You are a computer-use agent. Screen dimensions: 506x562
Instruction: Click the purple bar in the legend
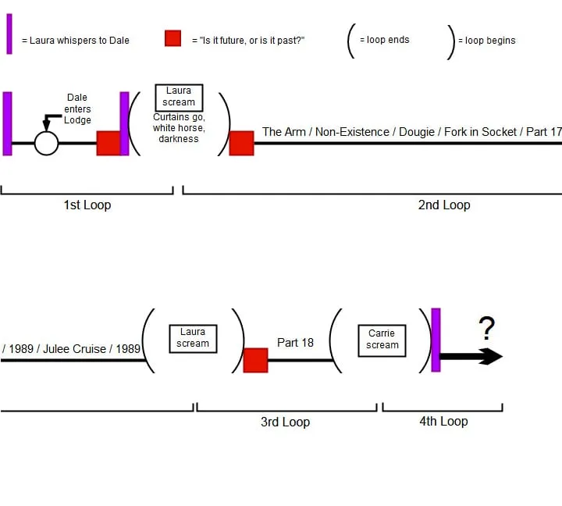[9, 34]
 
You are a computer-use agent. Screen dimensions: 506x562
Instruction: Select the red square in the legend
[173, 38]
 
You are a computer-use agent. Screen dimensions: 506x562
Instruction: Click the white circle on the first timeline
[47, 144]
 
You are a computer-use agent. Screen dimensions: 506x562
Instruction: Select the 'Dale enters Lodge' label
[77, 109]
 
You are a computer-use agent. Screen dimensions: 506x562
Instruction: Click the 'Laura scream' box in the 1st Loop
[179, 97]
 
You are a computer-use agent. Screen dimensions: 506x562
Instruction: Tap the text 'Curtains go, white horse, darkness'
[179, 128]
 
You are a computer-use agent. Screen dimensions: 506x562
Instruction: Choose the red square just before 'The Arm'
[241, 144]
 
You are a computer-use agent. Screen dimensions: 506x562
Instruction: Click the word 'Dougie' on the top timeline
[421, 132]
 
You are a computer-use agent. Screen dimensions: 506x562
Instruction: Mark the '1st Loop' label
[87, 205]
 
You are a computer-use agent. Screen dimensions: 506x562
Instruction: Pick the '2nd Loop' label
[443, 205]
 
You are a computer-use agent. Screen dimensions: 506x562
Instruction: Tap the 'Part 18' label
[295, 343]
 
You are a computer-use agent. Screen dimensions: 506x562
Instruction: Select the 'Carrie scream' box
[382, 340]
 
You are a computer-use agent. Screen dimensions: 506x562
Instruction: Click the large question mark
[487, 329]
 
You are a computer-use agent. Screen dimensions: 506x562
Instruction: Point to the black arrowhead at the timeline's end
[491, 357]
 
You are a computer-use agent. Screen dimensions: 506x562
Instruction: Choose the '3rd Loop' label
[285, 422]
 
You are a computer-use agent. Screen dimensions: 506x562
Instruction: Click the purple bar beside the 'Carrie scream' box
[436, 340]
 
